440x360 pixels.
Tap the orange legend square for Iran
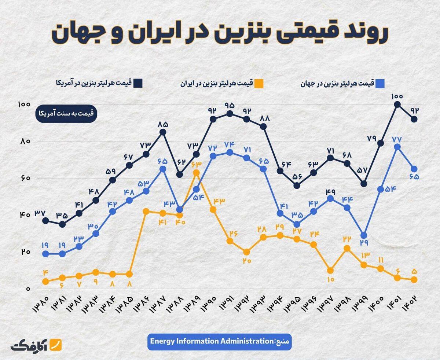tap(259, 83)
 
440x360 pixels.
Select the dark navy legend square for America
tap(138, 83)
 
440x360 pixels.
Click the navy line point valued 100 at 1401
tap(397, 104)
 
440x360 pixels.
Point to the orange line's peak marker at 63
tap(196, 172)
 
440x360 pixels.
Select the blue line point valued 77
tap(397, 147)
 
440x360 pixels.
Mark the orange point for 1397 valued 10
tap(330, 271)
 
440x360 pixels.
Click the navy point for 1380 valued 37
tap(45, 221)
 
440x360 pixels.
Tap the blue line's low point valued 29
tap(364, 235)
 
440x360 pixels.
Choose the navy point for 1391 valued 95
tap(230, 114)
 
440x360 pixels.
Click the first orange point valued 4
tap(45, 282)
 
